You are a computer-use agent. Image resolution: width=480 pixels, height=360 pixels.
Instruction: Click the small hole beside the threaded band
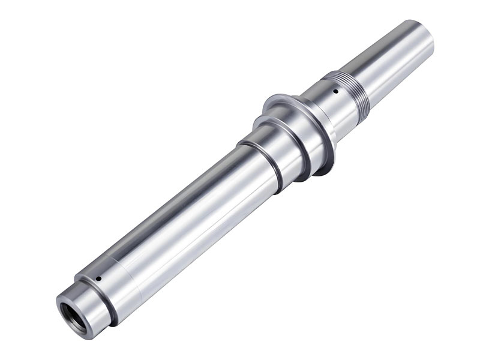[334, 92]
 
